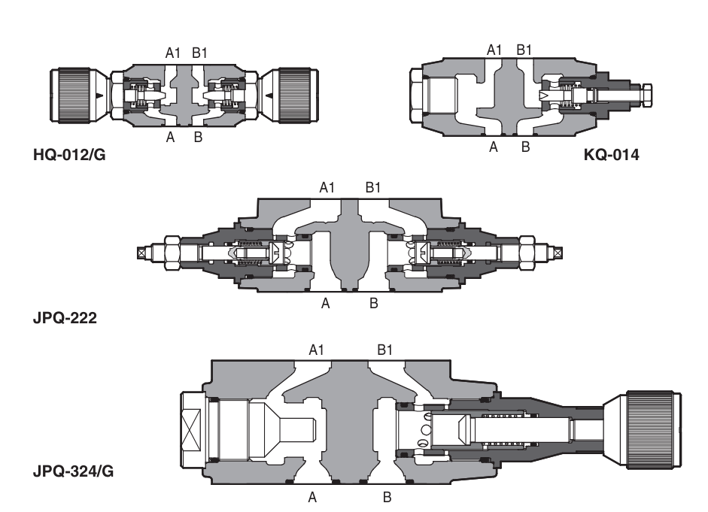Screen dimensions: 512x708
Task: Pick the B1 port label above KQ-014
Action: click(525, 50)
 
